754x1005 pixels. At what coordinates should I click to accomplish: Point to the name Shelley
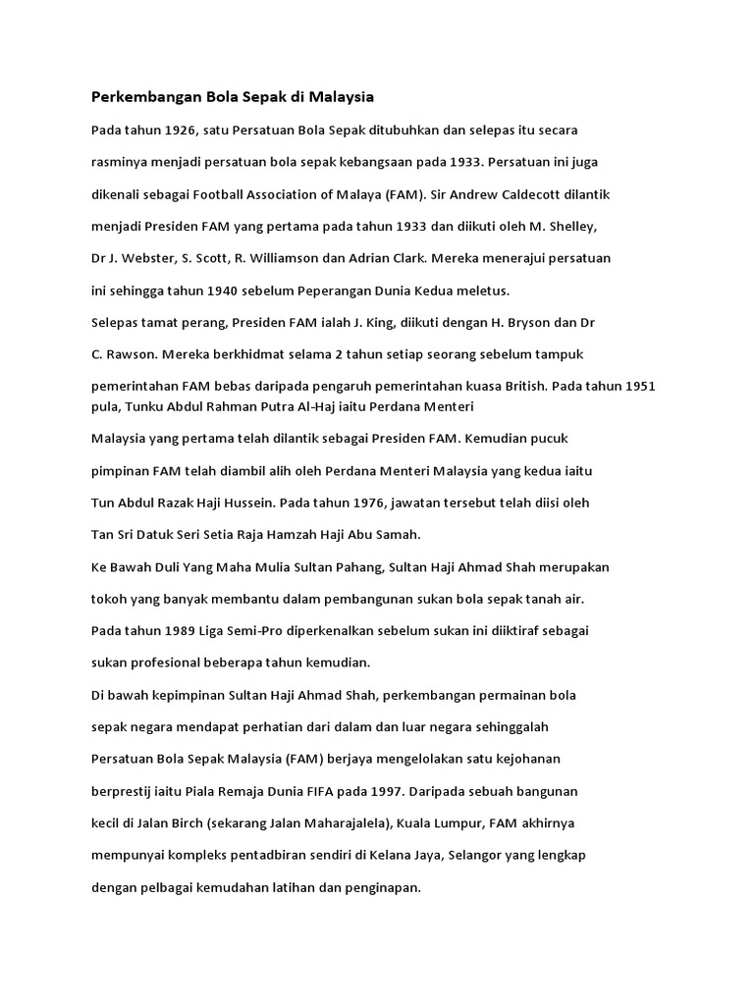click(569, 227)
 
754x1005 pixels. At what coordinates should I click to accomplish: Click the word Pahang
click(362, 567)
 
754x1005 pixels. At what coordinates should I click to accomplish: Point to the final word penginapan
click(379, 887)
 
